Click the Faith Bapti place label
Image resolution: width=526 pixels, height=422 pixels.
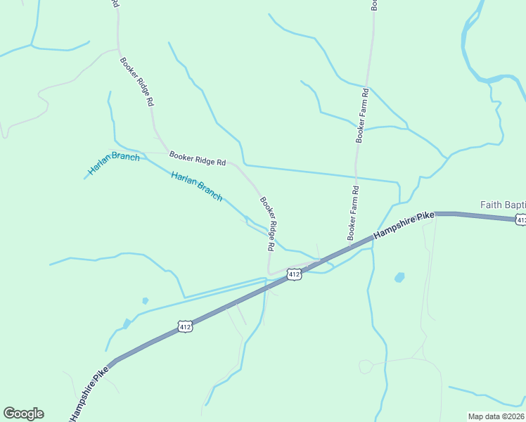click(502, 205)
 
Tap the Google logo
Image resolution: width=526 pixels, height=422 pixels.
click(23, 414)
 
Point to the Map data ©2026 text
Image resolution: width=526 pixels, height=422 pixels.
click(496, 416)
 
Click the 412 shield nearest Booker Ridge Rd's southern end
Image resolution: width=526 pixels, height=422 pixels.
click(295, 274)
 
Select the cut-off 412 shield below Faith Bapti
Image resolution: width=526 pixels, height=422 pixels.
click(520, 220)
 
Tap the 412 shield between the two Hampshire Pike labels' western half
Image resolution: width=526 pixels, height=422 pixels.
click(185, 326)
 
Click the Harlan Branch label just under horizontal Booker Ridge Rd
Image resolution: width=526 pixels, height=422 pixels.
click(197, 186)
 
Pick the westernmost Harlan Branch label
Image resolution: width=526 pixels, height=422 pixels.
click(114, 163)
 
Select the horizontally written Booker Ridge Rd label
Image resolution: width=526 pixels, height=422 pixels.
click(198, 158)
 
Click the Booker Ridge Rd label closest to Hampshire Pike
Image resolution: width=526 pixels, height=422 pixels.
click(267, 224)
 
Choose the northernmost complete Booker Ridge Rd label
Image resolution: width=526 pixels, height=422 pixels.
click(136, 82)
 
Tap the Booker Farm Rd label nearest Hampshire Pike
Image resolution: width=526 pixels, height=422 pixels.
click(352, 212)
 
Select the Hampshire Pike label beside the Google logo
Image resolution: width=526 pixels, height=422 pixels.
click(89, 393)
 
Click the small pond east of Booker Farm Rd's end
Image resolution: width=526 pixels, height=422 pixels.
click(399, 277)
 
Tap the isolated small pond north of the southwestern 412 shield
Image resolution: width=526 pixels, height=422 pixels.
click(145, 301)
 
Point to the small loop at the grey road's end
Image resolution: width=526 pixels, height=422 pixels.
click(365, 366)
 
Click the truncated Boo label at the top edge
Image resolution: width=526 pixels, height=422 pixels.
click(375, 4)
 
